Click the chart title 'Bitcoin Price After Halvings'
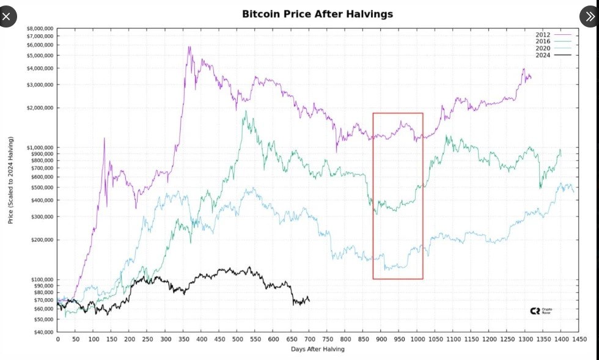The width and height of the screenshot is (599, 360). click(317, 13)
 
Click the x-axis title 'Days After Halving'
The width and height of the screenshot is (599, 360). click(317, 349)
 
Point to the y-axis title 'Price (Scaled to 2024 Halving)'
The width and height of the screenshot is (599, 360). click(10, 180)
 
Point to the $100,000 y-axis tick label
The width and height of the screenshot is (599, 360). click(42, 279)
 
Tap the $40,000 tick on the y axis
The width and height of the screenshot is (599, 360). click(43, 332)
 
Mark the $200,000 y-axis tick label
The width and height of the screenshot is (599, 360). click(42, 240)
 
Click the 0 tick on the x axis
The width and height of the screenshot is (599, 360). click(57, 339)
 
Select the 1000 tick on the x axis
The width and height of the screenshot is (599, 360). click(417, 339)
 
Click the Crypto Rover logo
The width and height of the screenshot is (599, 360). click(541, 311)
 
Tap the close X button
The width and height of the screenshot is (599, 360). click(7, 17)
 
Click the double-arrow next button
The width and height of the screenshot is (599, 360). click(588, 17)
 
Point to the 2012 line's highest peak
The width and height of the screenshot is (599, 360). click(189, 46)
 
